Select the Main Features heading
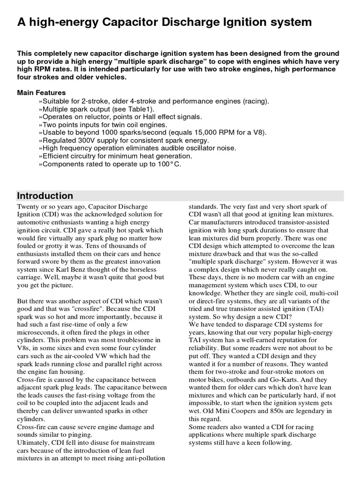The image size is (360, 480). click(41, 92)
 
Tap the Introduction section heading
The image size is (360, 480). click(45, 196)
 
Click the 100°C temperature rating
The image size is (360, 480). click(169, 164)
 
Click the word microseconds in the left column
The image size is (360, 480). click(38, 332)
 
